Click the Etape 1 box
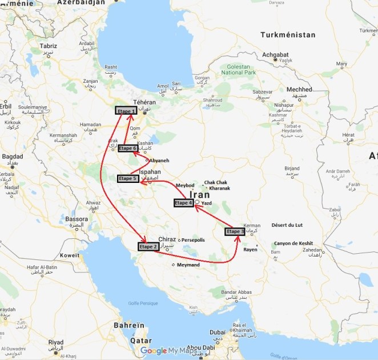[126, 110]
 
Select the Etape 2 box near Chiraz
[148, 247]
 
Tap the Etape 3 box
[235, 231]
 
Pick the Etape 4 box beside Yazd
[184, 203]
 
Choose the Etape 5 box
[128, 178]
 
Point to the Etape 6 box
[127, 149]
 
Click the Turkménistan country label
[287, 35]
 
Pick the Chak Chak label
[215, 182]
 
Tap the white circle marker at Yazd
[197, 202]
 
